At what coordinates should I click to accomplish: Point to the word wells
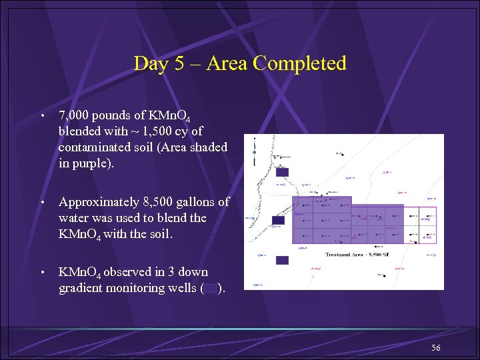tap(181, 288)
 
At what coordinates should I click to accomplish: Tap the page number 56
tap(436, 348)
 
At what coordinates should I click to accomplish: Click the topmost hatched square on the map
tap(282, 171)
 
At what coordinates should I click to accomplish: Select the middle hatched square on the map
tap(279, 220)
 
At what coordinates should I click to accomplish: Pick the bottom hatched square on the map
tap(282, 261)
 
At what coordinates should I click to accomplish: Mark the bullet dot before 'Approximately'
tap(43, 201)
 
